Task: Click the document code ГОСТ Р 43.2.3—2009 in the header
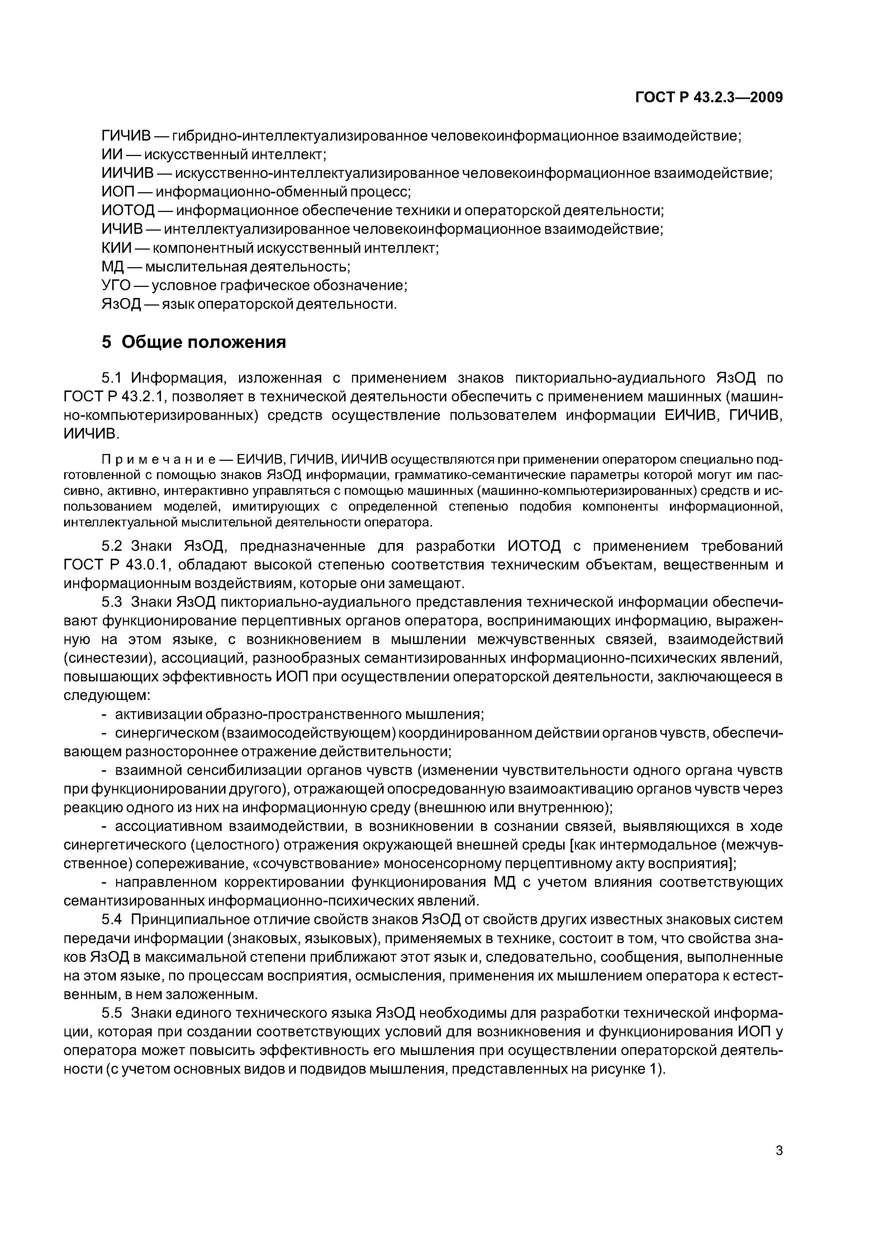[x=709, y=98]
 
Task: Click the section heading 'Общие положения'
[x=204, y=342]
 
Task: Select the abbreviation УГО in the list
[x=116, y=285]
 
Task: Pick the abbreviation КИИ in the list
[x=117, y=248]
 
